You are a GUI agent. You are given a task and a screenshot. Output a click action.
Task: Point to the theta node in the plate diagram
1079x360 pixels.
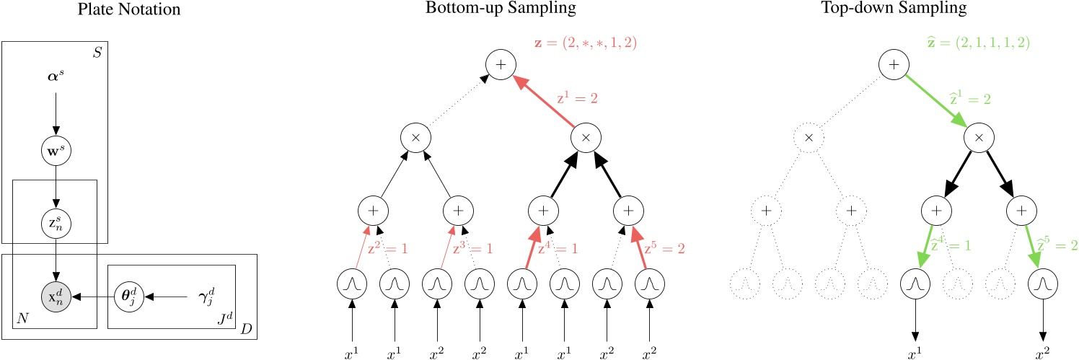point(128,297)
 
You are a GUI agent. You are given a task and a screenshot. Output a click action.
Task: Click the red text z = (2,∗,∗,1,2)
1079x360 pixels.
point(582,43)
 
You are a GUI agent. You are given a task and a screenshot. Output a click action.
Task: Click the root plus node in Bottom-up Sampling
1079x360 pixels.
point(501,65)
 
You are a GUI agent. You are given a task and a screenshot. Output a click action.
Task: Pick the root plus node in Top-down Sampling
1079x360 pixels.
point(894,65)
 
